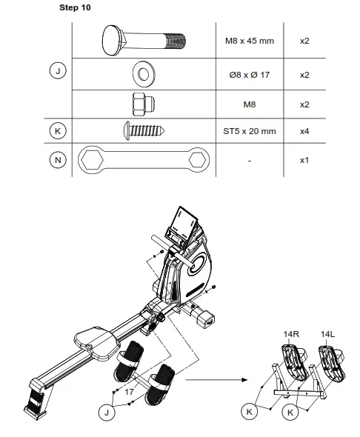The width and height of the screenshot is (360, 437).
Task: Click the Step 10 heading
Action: pyautogui.click(x=76, y=8)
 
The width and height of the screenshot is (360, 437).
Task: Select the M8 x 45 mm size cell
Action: pyautogui.click(x=249, y=40)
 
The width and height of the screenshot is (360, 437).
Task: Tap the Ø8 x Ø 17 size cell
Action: pyautogui.click(x=249, y=75)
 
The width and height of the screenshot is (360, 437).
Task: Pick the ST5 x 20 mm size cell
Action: pyautogui.click(x=249, y=131)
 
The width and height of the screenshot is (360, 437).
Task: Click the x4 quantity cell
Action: pyautogui.click(x=304, y=131)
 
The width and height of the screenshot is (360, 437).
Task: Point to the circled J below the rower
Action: pyautogui.click(x=108, y=412)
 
